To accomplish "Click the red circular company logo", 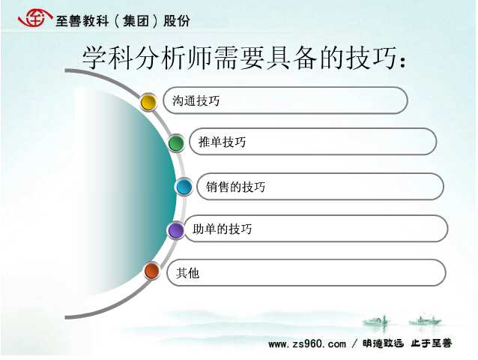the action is click(34, 18).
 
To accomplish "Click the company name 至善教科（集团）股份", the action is click(123, 21).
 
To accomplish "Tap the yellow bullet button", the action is click(148, 102).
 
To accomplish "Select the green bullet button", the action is click(176, 143).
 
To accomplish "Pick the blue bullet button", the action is click(184, 187).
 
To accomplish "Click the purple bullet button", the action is click(176, 230).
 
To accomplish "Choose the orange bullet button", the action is click(152, 271).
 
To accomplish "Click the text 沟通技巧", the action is click(196, 100).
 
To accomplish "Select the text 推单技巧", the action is click(222, 142).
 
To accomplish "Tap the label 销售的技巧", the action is click(235, 187).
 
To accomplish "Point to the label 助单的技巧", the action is click(223, 229).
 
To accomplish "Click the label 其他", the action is click(188, 273).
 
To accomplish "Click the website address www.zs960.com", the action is click(307, 343).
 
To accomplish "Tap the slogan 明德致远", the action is click(383, 343).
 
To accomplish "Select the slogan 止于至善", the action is click(432, 343).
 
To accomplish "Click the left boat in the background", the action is click(376, 321).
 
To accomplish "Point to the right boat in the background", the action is click(425, 320).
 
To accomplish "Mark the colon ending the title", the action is click(403, 61).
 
